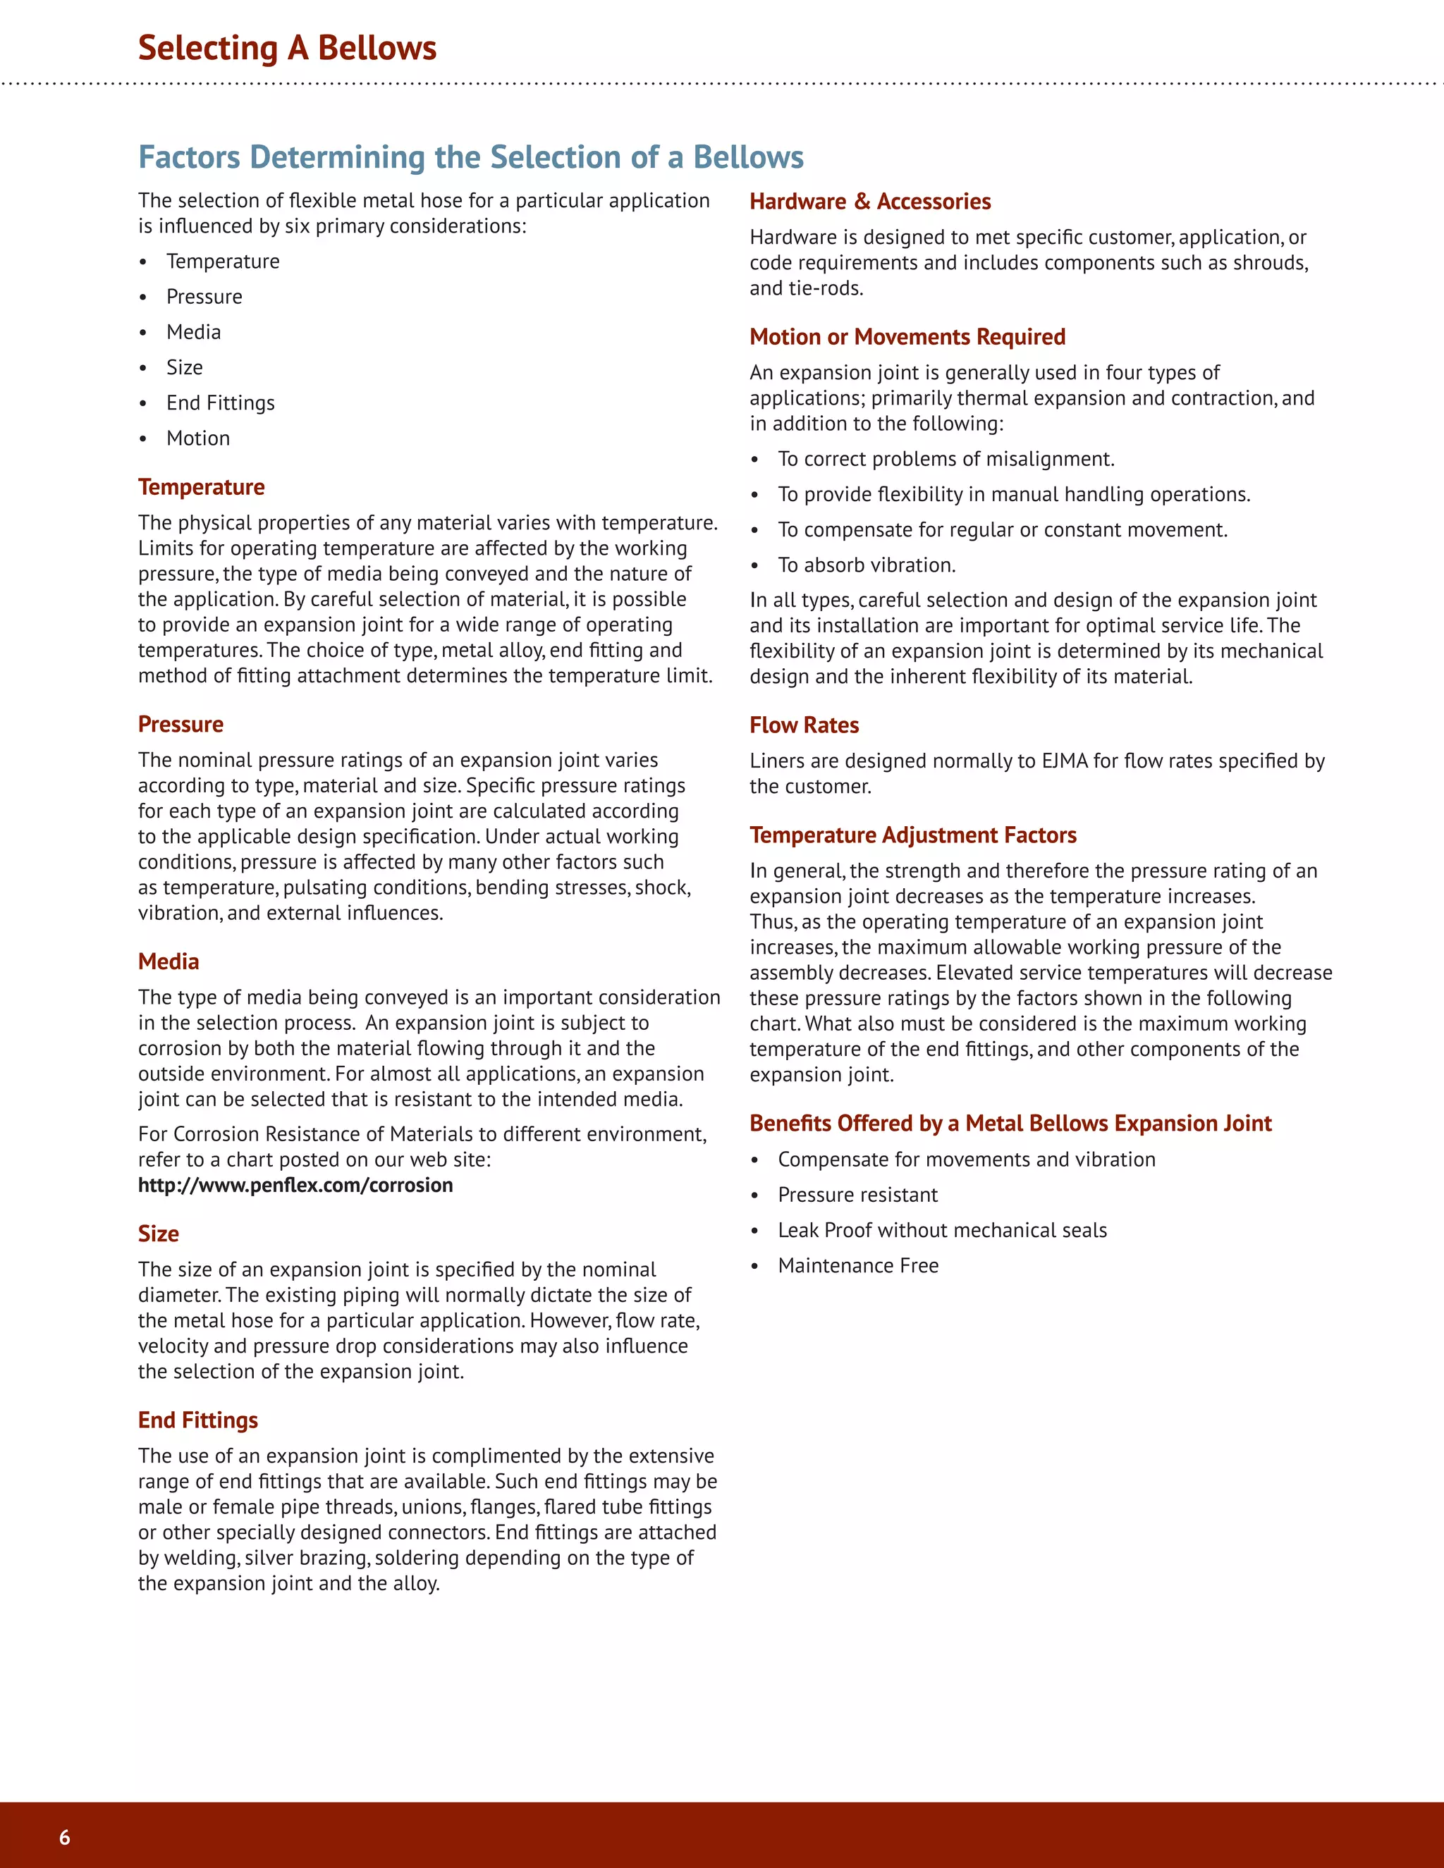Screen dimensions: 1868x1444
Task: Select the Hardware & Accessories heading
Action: point(869,202)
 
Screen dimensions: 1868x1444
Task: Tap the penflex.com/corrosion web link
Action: point(295,1186)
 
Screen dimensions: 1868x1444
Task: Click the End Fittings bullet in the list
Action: point(220,403)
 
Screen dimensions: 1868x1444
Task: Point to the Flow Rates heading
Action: point(803,725)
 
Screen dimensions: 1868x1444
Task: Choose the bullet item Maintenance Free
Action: point(857,1266)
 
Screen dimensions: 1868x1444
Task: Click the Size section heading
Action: point(158,1234)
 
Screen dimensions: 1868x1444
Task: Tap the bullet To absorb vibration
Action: point(866,565)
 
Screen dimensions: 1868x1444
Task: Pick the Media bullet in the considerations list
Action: point(193,332)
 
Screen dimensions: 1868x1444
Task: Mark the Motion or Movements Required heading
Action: point(907,337)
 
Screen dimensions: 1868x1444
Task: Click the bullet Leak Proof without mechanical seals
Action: point(942,1231)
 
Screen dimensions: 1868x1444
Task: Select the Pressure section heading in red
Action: point(180,725)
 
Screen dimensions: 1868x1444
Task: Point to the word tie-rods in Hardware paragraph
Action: point(825,289)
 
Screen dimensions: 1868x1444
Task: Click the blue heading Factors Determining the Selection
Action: point(470,157)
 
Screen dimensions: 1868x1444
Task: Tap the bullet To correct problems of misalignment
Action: point(946,460)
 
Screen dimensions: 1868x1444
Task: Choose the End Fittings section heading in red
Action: point(197,1420)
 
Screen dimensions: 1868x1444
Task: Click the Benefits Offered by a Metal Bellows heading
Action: point(1010,1124)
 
